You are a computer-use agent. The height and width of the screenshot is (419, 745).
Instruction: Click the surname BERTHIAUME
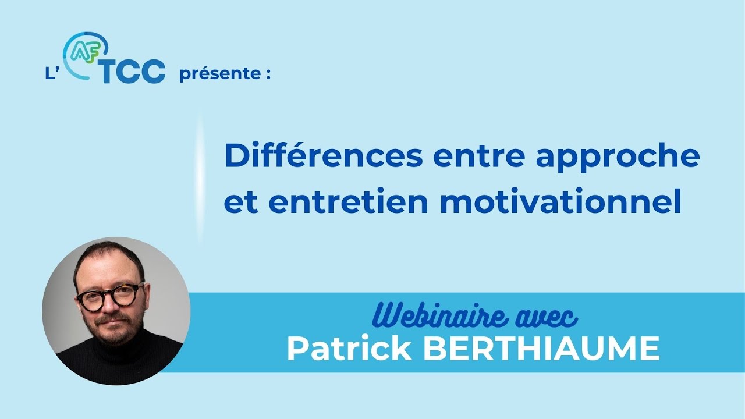coord(541,349)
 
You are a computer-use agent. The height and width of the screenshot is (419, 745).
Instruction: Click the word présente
coord(218,75)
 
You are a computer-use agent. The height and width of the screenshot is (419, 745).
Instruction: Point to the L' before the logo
coord(52,75)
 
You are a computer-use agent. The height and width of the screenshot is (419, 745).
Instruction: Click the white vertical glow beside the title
coord(200,175)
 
